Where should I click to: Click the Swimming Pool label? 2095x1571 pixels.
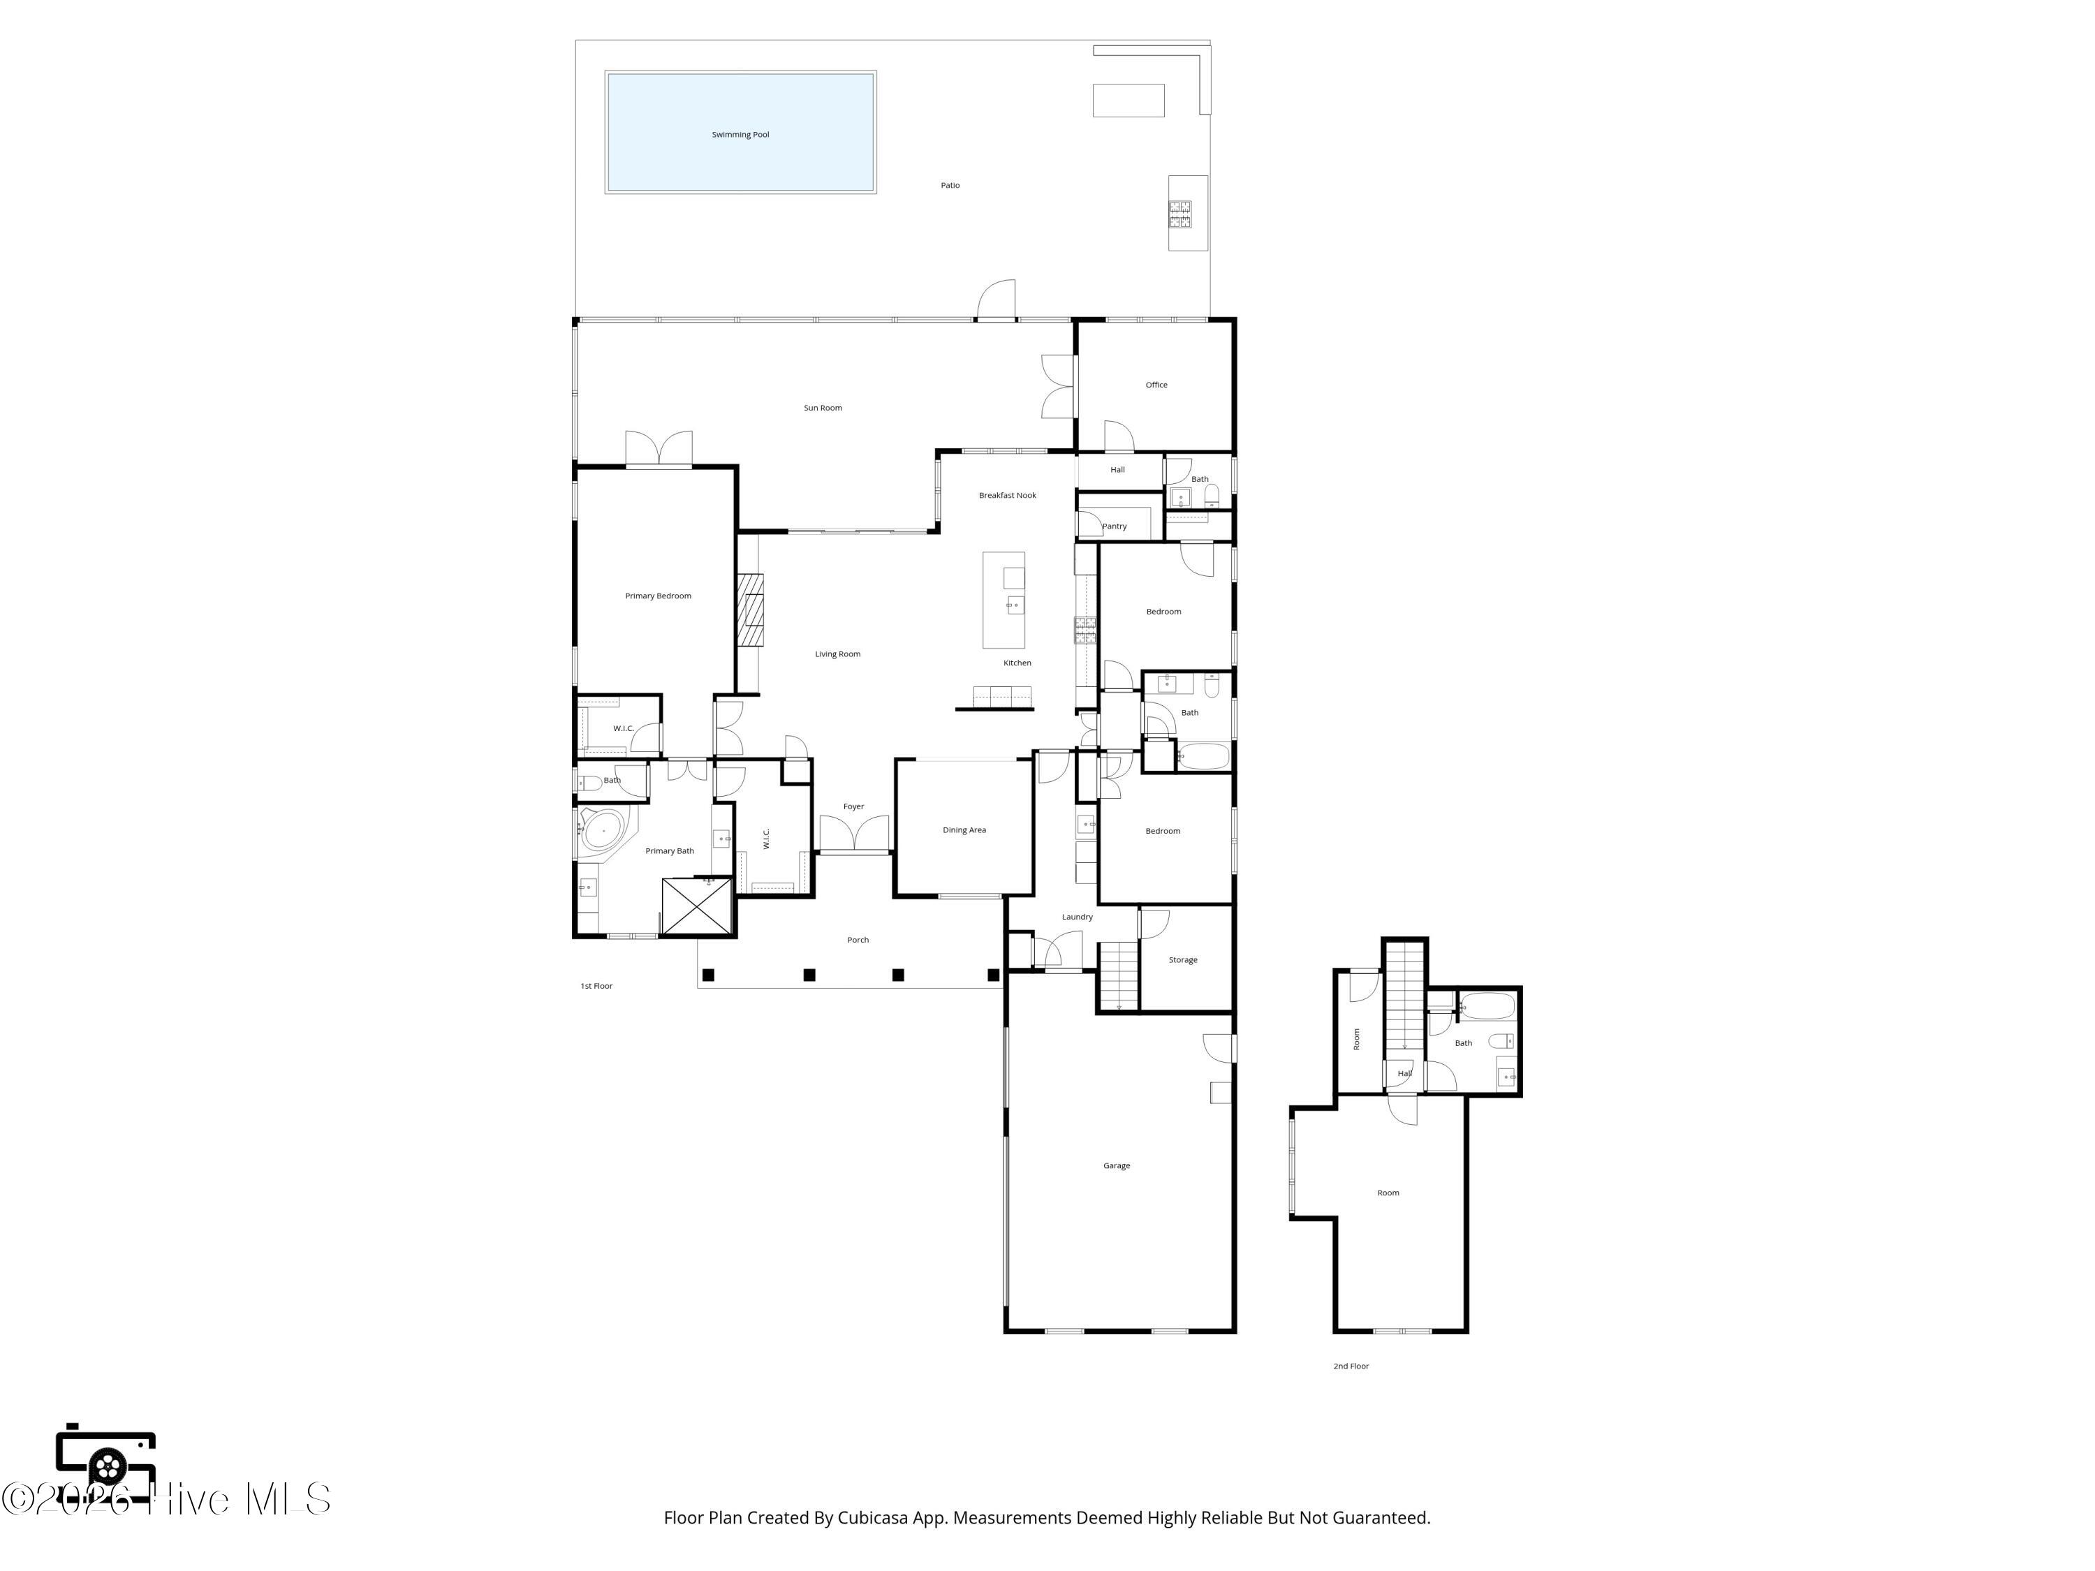click(741, 135)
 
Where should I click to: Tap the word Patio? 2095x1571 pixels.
click(950, 186)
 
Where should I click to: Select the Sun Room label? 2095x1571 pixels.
click(823, 408)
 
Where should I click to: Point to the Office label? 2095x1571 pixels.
click(1156, 385)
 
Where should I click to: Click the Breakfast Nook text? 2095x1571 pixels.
click(1008, 495)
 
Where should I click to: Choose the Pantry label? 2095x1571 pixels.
click(1115, 526)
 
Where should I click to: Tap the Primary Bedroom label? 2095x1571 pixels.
click(659, 596)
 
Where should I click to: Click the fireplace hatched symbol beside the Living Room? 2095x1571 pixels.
click(751, 610)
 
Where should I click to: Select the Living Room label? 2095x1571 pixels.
click(838, 654)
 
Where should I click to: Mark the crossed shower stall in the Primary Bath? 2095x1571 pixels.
click(697, 906)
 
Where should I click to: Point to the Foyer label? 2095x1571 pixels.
click(853, 807)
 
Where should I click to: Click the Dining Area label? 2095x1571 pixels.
click(964, 830)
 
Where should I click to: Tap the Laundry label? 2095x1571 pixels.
click(1078, 917)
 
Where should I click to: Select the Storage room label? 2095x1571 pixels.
click(1183, 960)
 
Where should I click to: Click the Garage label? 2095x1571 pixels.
click(1117, 1167)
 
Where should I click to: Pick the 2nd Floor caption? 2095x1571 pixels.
click(1351, 1366)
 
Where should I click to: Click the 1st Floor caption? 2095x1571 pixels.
click(596, 987)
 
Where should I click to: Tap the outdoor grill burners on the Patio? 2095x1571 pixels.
click(1180, 214)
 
